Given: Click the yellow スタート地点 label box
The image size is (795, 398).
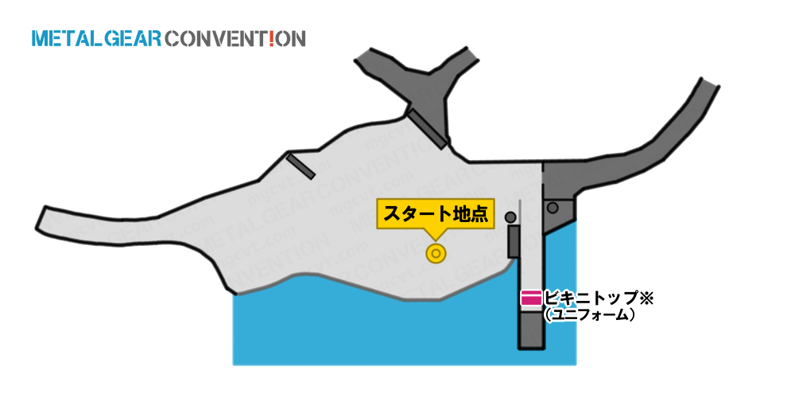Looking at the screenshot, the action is click(x=436, y=214).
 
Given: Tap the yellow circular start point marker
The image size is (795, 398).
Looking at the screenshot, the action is click(x=436, y=252).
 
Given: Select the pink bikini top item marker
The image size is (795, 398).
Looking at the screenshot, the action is click(x=531, y=298).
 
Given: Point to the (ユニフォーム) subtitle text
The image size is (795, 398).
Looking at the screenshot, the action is click(x=589, y=315).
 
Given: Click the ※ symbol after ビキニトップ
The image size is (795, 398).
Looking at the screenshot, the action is click(x=646, y=298).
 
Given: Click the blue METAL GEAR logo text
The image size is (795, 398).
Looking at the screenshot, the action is click(x=96, y=38).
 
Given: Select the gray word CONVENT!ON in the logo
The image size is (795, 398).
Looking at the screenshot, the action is click(x=235, y=38).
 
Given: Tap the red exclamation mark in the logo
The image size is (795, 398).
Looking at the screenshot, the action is click(x=273, y=38).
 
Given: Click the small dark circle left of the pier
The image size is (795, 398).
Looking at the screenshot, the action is click(x=510, y=217).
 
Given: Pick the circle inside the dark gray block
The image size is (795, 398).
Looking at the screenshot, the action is click(x=553, y=207).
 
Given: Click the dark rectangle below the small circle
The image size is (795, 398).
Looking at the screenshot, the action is click(x=514, y=241).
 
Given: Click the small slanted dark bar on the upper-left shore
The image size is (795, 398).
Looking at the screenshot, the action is click(x=301, y=166).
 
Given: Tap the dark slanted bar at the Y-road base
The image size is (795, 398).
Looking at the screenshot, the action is click(x=428, y=128).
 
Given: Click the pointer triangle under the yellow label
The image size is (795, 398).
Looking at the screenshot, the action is click(x=436, y=232).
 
